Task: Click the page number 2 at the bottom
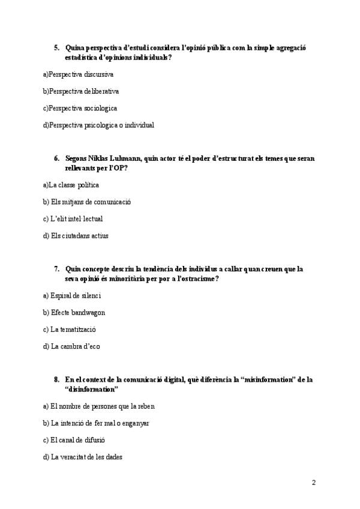[313, 483]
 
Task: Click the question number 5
[56, 47]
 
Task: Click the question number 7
[56, 269]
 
